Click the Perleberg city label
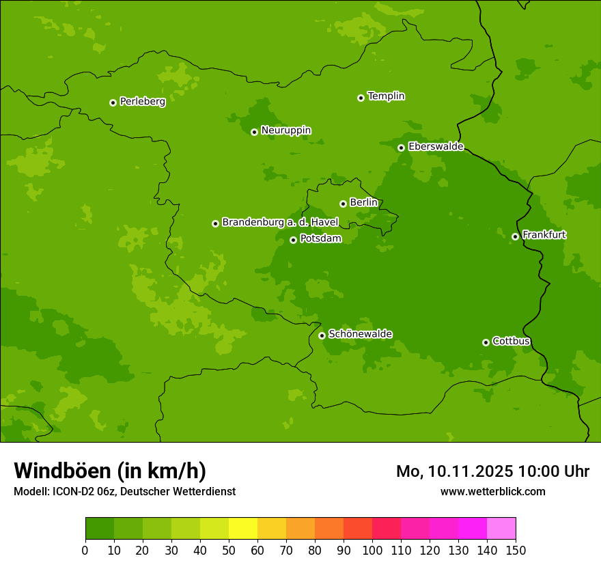coord(142,102)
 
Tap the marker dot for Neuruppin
coord(254,132)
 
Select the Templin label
coord(386,96)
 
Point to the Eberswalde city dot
coord(401,148)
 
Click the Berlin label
coord(363,203)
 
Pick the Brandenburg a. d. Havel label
coord(280,223)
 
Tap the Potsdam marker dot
coord(293,240)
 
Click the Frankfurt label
coord(544,235)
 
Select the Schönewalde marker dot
coord(322,335)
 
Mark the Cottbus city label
coord(511,342)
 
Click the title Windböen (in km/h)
coord(110,471)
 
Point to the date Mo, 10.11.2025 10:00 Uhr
coord(492,471)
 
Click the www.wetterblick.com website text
coord(492,491)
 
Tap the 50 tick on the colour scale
coord(229,550)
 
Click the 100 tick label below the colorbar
coord(372,550)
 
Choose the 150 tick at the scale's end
coord(516,550)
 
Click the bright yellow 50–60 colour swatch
coord(243,529)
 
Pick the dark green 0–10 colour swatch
coord(100,529)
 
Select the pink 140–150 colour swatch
coord(501,529)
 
